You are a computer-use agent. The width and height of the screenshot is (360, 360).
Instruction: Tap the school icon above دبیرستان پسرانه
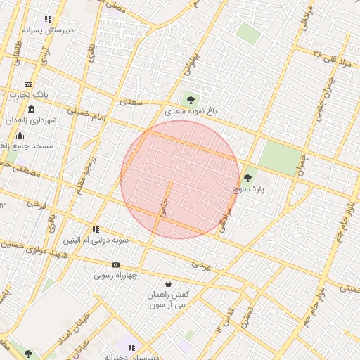(48, 20)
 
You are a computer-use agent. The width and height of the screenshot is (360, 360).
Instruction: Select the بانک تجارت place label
(32, 94)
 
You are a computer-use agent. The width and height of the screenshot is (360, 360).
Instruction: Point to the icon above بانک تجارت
(28, 84)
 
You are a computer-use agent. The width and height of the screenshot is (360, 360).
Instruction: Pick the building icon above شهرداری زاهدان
(31, 109)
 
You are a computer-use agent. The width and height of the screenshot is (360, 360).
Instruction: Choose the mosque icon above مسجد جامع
(20, 135)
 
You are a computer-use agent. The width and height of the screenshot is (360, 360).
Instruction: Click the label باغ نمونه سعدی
(192, 111)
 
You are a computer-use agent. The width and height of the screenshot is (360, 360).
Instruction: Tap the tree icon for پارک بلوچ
(247, 178)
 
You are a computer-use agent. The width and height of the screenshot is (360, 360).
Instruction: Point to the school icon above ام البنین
(96, 229)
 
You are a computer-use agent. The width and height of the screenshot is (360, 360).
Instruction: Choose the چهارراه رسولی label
(116, 276)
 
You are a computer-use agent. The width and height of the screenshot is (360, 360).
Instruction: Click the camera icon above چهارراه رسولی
(116, 264)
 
